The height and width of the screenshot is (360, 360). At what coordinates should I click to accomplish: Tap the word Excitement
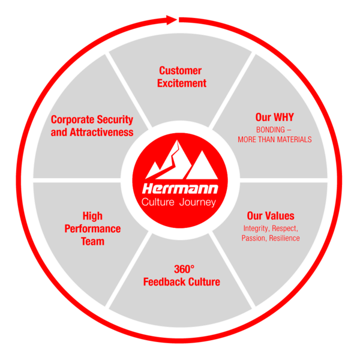click(182, 83)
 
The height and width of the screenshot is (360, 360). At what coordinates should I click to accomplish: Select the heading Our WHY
click(274, 117)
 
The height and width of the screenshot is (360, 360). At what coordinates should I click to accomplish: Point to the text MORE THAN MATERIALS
click(274, 139)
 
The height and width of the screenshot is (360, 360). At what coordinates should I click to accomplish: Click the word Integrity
click(256, 229)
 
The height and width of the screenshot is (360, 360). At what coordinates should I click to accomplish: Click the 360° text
click(182, 269)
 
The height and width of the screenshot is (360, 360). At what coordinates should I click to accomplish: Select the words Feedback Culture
click(182, 282)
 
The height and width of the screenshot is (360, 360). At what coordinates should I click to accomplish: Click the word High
click(92, 216)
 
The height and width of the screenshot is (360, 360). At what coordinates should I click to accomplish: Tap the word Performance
click(92, 229)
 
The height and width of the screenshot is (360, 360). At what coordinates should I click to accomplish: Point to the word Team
click(92, 241)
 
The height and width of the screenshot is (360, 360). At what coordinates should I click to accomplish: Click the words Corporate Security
click(92, 120)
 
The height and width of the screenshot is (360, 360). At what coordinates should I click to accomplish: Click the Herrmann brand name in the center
click(180, 189)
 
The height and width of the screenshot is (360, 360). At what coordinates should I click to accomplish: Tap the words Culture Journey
click(180, 202)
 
